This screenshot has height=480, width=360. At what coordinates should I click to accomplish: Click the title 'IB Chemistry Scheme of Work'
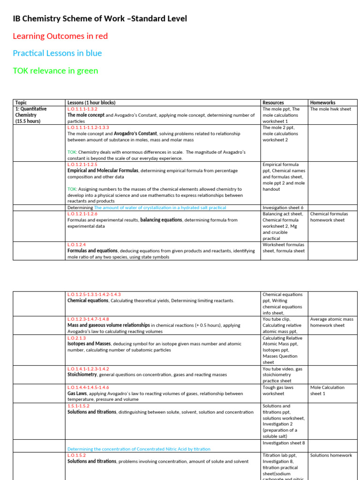pos(100,19)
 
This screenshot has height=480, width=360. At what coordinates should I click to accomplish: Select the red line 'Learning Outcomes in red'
pos(60,36)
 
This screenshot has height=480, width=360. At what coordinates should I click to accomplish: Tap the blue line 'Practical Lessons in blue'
pos(57,53)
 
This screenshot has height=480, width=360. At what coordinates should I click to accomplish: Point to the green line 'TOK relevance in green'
pos(55,71)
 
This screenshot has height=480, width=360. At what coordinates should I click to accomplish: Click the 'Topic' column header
pos(21,103)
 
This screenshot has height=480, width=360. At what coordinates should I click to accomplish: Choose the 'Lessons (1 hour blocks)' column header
pos(91,103)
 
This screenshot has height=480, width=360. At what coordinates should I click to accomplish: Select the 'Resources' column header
pos(273,103)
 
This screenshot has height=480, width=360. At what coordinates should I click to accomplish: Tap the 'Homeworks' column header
pos(322,103)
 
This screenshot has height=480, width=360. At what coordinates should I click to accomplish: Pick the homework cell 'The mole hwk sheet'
pos(330,109)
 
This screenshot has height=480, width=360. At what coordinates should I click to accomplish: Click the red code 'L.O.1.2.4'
pos(76,245)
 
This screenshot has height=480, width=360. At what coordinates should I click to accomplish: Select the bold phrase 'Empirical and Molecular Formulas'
pos(103,171)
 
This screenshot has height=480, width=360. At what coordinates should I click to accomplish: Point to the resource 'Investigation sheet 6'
pos(283,208)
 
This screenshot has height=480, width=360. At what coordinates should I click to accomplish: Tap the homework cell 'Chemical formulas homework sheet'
pos(329,217)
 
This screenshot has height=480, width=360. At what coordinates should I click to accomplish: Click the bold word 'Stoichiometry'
pos(82,375)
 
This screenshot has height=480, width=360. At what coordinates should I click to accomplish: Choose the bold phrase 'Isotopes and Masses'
pos(89,344)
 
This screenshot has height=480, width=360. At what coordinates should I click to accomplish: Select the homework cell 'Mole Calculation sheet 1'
pos(327,390)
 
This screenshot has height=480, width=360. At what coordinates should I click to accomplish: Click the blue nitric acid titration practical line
pos(139,449)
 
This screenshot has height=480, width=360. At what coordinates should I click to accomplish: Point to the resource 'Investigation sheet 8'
pos(284,443)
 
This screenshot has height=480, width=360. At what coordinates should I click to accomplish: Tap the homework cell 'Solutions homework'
pos(331,455)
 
